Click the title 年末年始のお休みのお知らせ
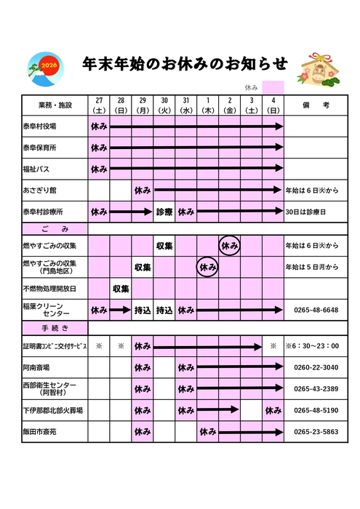click(x=185, y=63)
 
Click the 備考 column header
click(x=315, y=105)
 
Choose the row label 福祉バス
click(x=36, y=169)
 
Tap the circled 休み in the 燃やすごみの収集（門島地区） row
click(x=207, y=268)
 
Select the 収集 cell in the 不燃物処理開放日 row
click(x=121, y=289)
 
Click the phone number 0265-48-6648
click(x=315, y=310)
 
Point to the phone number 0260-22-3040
click(x=315, y=367)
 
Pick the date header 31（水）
click(x=186, y=105)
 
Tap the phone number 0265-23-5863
click(x=315, y=432)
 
